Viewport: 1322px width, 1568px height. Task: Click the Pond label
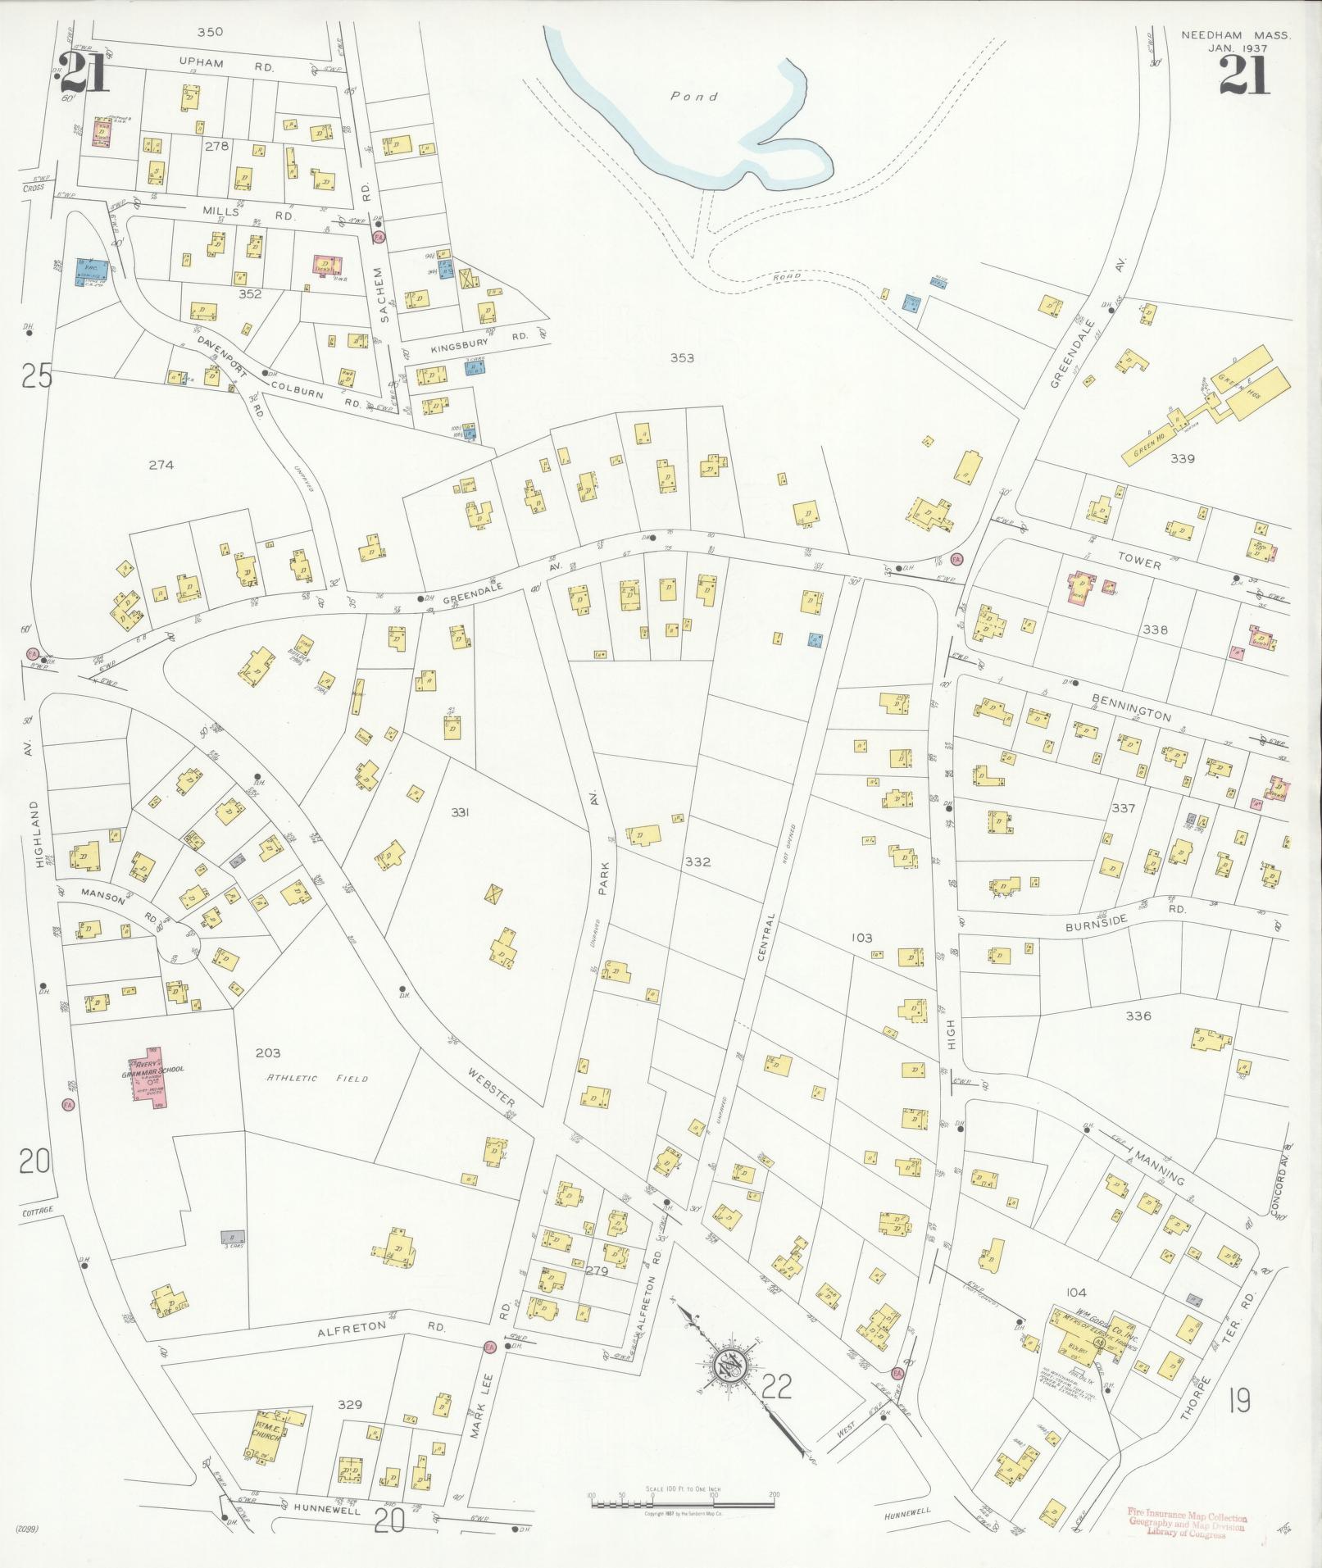coord(694,97)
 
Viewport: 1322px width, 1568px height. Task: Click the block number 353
coord(682,357)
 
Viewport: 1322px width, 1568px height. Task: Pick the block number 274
coord(161,465)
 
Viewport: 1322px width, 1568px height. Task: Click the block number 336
coord(1138,1016)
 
